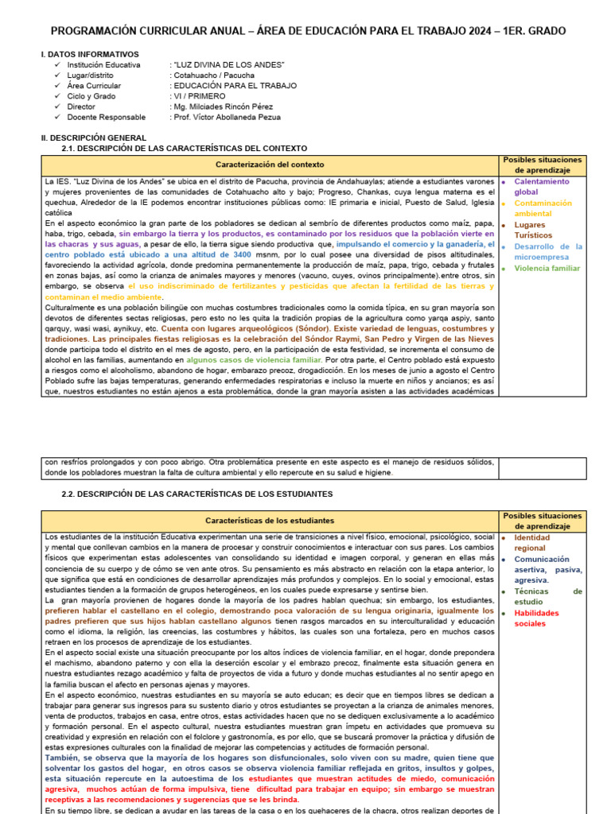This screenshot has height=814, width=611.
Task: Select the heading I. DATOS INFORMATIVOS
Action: click(x=90, y=54)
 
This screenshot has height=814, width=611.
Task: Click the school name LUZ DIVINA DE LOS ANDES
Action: click(x=228, y=64)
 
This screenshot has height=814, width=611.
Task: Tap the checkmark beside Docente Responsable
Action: click(x=56, y=117)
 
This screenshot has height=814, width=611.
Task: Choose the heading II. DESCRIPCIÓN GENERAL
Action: click(x=93, y=138)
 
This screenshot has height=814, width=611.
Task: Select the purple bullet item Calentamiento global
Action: click(x=541, y=187)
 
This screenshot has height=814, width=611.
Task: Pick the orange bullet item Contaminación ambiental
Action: click(x=543, y=208)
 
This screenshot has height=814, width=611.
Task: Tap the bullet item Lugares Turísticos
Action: click(x=533, y=231)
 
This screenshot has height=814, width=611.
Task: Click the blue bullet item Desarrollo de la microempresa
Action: click(x=547, y=252)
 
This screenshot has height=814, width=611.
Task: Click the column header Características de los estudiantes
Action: click(x=270, y=521)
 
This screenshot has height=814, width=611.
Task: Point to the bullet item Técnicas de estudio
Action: click(x=547, y=596)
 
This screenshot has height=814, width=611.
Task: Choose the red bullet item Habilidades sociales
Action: click(x=536, y=618)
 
